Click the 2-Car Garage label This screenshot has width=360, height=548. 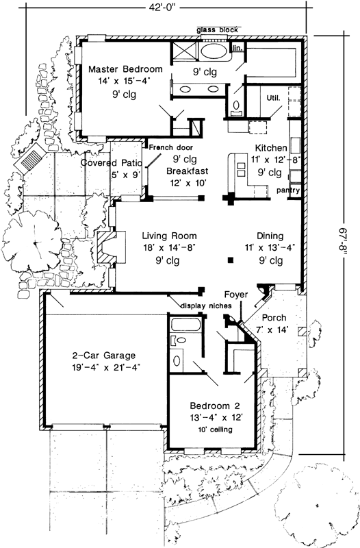point(105,356)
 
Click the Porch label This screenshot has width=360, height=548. point(274,318)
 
